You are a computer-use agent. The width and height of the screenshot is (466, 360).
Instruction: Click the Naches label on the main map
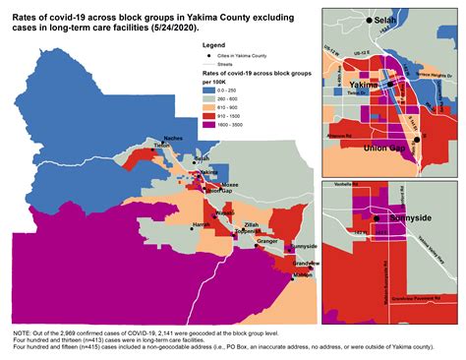173,140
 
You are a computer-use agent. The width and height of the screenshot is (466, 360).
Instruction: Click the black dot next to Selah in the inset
370,20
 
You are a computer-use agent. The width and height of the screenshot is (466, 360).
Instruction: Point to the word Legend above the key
212,46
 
